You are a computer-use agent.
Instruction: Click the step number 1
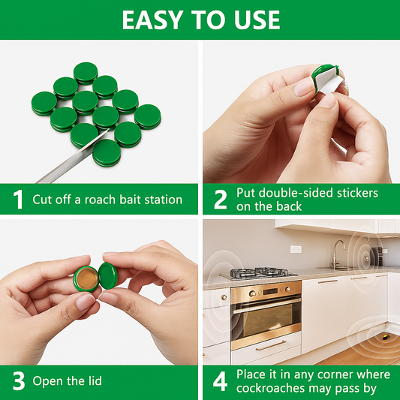click(x=18, y=200)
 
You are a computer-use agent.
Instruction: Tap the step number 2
click(x=220, y=200)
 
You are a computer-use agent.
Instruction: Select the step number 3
click(x=18, y=381)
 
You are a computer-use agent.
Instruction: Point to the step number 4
click(x=220, y=381)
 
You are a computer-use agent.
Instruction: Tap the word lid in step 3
click(x=91, y=381)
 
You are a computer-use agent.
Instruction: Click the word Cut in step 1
click(x=44, y=200)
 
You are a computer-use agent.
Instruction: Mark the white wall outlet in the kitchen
click(x=296, y=249)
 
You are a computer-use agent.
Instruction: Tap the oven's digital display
click(x=266, y=285)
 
